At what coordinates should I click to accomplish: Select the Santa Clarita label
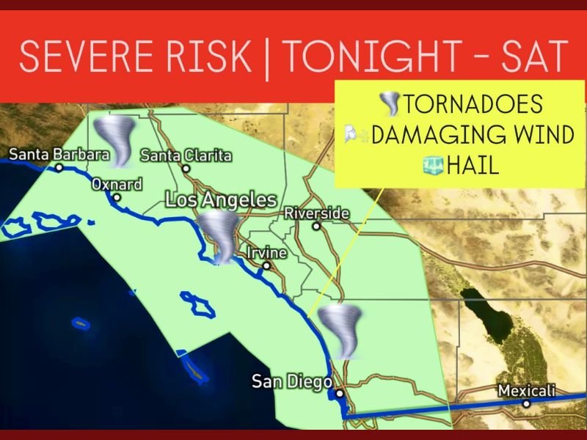186,155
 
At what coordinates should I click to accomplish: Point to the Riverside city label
316,213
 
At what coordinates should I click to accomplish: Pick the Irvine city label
266,253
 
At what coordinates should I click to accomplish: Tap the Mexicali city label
526,389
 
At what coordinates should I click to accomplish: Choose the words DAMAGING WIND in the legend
473,135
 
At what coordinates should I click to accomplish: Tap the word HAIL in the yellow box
472,166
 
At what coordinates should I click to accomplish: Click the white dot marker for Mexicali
526,403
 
